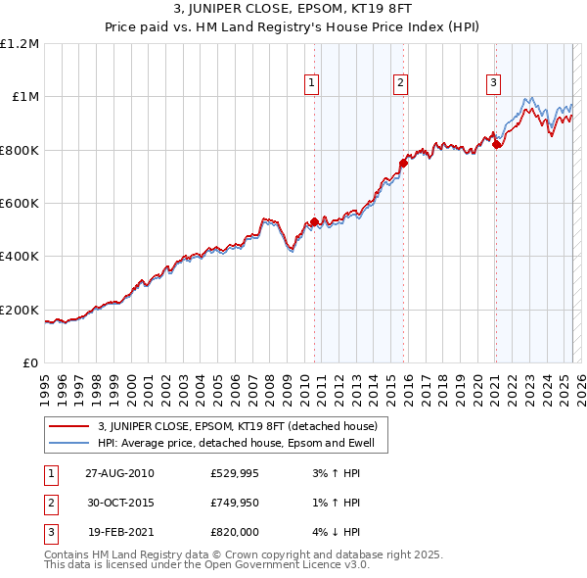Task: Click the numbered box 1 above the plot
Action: tap(311, 83)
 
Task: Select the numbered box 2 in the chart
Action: tap(401, 83)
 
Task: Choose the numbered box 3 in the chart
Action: tap(493, 83)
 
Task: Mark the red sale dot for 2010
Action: tap(314, 221)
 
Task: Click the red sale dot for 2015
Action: tap(403, 164)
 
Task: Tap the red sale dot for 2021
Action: tap(496, 145)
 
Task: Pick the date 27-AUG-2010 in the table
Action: tap(119, 474)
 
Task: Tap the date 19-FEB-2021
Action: tap(119, 532)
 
